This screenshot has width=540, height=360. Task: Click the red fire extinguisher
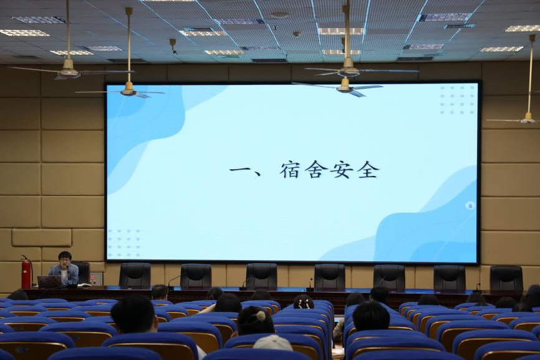coord(26,273)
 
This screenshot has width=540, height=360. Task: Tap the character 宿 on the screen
coord(290,170)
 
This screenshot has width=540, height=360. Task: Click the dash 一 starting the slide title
coord(240,170)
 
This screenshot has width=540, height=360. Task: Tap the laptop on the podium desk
coord(50,282)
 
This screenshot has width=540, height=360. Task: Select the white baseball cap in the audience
coord(272,343)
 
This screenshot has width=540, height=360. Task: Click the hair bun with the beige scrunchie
coord(261,316)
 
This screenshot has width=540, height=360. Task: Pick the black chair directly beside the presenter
coord(83,273)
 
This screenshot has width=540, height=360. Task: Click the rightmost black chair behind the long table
coord(506,278)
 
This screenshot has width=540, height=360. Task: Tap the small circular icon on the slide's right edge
coord(470,206)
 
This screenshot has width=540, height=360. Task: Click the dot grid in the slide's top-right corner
coord(457,100)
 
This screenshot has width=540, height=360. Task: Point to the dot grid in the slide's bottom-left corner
coord(124,243)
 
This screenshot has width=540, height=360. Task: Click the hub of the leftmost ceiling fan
coord(69,71)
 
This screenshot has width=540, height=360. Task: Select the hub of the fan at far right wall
coord(528,119)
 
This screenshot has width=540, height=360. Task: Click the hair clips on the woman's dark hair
coord(304,303)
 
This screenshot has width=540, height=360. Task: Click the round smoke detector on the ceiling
coord(279,15)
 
